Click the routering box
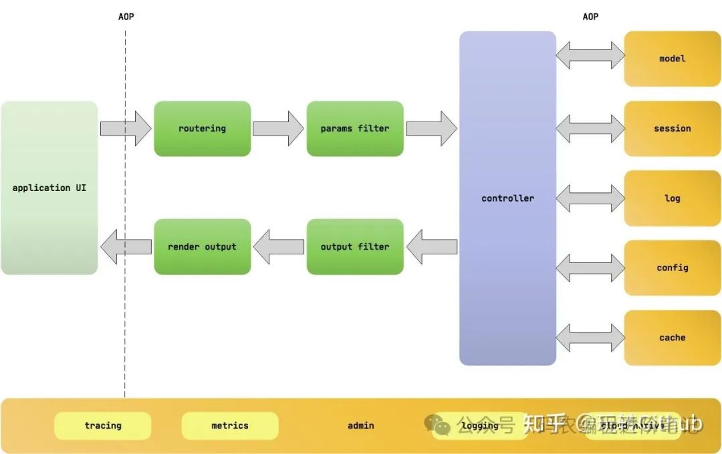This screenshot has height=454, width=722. tap(202, 129)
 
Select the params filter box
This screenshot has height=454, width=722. tap(354, 129)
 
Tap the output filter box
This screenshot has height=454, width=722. tap(354, 246)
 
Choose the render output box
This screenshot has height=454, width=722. tap(202, 246)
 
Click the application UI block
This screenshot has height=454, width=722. tap(49, 188)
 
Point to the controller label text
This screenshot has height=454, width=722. tap(507, 198)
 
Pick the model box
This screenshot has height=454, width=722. tap(672, 59)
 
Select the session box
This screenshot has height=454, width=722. tap(672, 129)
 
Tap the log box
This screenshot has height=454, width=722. tap(672, 198)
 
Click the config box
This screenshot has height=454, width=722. tap(672, 268)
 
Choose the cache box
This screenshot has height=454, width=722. tap(672, 338)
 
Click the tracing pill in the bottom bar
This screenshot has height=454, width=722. tap(103, 425)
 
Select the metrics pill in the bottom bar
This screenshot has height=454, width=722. tap(230, 425)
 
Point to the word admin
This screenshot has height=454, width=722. tap(361, 425)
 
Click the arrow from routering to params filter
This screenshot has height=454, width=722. tap(278, 129)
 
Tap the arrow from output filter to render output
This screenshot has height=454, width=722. tap(278, 246)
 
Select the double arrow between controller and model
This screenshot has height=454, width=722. tap(590, 55)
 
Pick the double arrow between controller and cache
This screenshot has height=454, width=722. tap(590, 337)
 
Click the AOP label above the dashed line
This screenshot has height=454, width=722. tap(126, 17)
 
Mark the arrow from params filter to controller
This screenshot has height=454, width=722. tap(431, 129)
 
